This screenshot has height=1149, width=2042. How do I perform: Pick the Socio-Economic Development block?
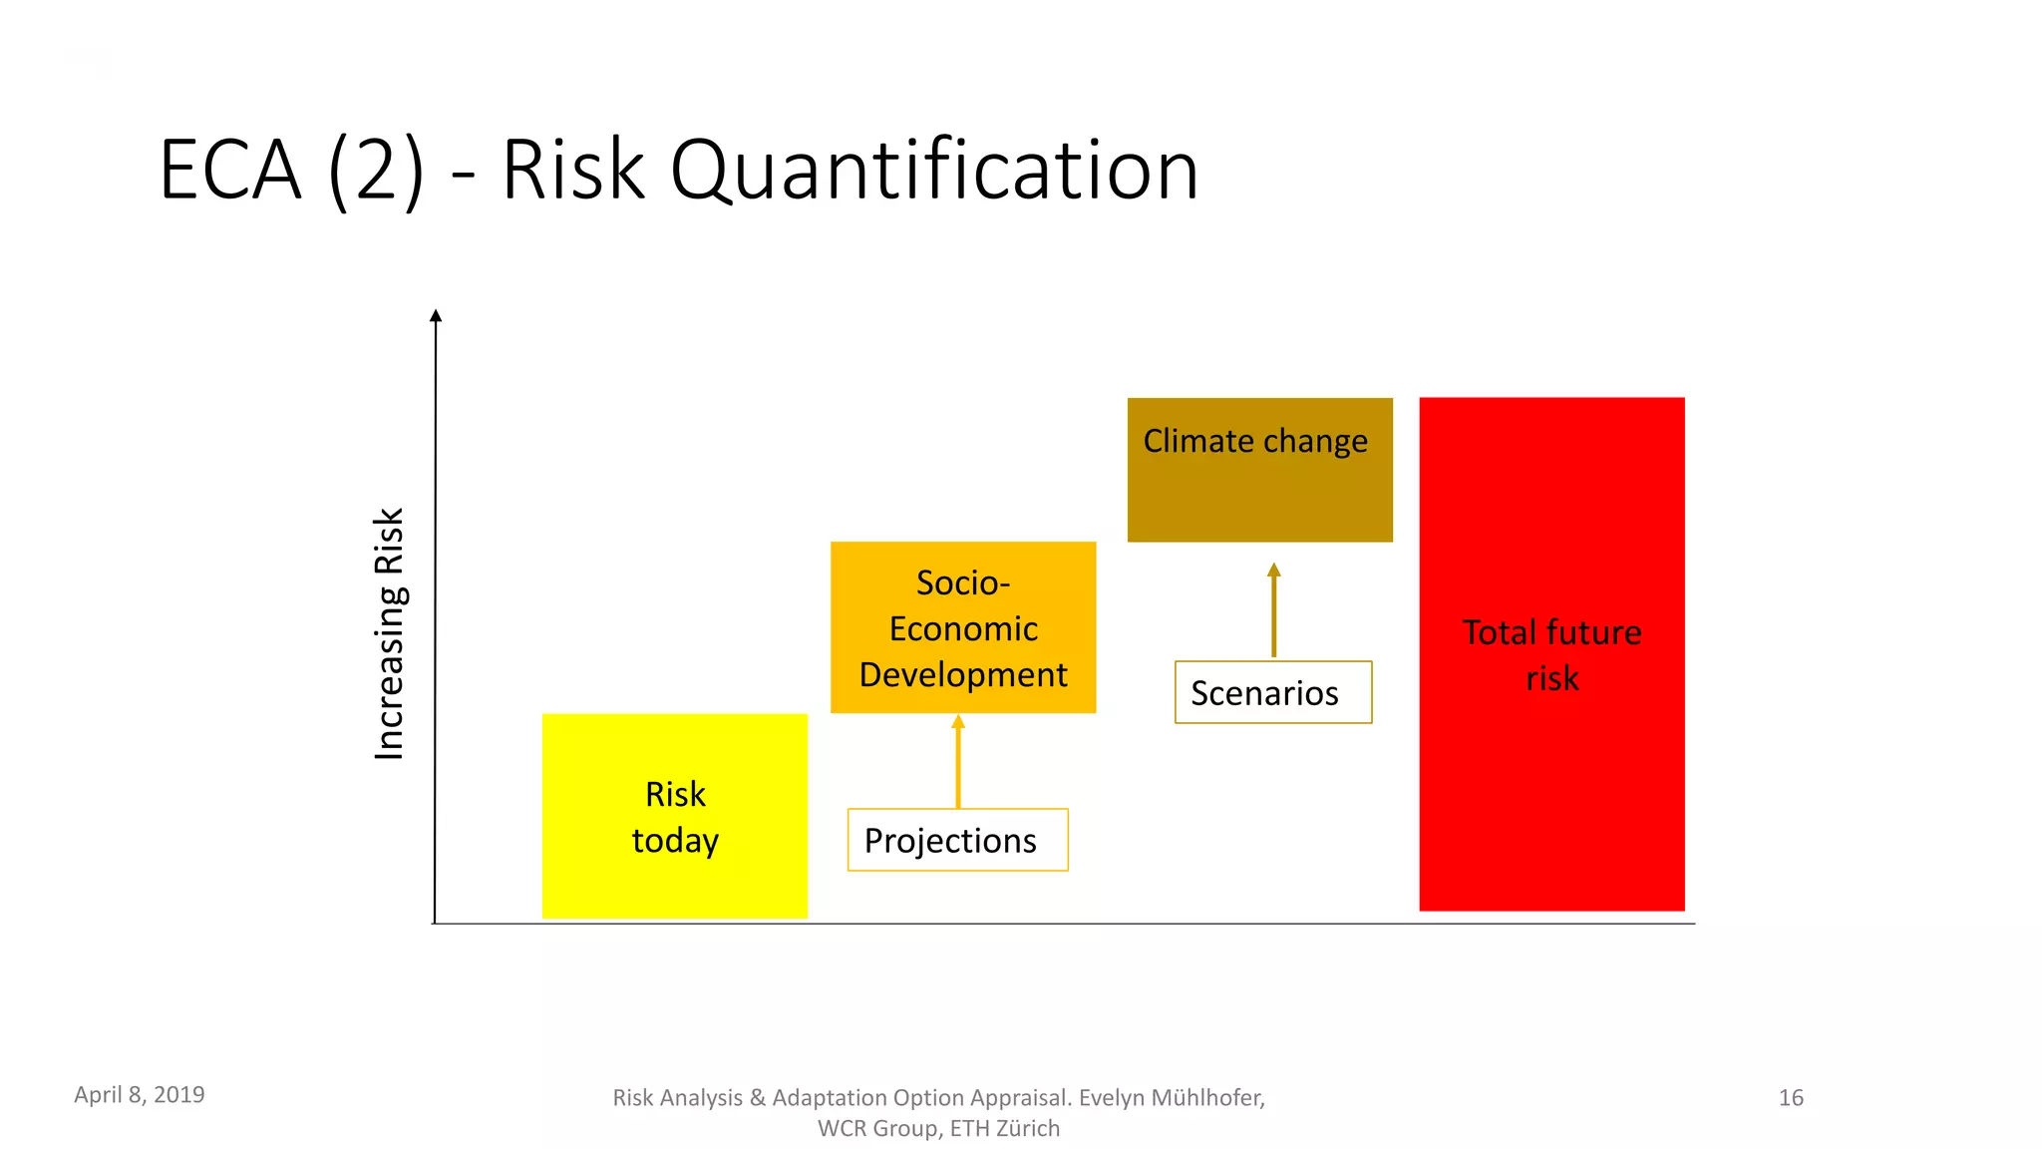click(x=963, y=627)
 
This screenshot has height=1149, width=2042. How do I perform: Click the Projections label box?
click(x=957, y=840)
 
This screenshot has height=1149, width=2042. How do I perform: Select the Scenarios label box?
click(x=1272, y=692)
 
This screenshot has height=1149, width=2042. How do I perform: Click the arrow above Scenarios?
click(x=1273, y=609)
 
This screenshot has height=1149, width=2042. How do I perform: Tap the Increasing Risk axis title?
click(x=389, y=634)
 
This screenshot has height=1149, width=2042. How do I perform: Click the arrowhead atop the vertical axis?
click(x=436, y=316)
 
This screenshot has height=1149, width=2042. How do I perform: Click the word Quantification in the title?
click(x=934, y=171)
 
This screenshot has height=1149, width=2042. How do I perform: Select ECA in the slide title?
click(x=230, y=171)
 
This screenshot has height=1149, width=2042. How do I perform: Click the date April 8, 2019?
click(x=140, y=1094)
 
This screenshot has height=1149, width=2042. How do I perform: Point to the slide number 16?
click(x=1791, y=1097)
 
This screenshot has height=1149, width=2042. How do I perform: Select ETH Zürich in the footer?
click(x=1004, y=1128)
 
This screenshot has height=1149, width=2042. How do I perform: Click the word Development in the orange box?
click(x=963, y=675)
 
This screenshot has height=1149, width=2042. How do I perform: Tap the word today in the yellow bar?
click(x=675, y=841)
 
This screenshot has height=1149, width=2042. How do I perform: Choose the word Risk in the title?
click(x=573, y=171)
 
